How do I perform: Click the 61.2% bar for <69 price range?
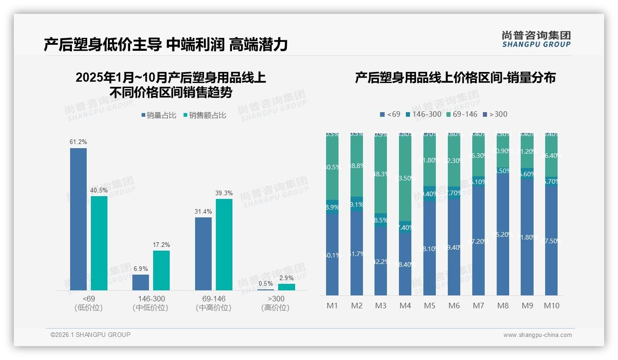78,219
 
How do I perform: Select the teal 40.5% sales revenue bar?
99,243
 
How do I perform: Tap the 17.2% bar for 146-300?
161,270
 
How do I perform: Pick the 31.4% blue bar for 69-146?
203,253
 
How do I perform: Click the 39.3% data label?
224,193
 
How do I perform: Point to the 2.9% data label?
286,278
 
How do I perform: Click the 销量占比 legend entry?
159,115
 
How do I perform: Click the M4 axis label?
405,306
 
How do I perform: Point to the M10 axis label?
551,306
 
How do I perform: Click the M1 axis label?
332,306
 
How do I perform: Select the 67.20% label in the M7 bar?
478,241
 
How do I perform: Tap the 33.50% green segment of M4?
405,178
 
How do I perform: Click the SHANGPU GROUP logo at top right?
536,39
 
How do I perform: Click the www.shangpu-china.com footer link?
537,335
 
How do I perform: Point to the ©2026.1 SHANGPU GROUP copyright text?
90,335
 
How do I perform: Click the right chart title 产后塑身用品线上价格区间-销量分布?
455,78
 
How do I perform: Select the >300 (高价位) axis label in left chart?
275,303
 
